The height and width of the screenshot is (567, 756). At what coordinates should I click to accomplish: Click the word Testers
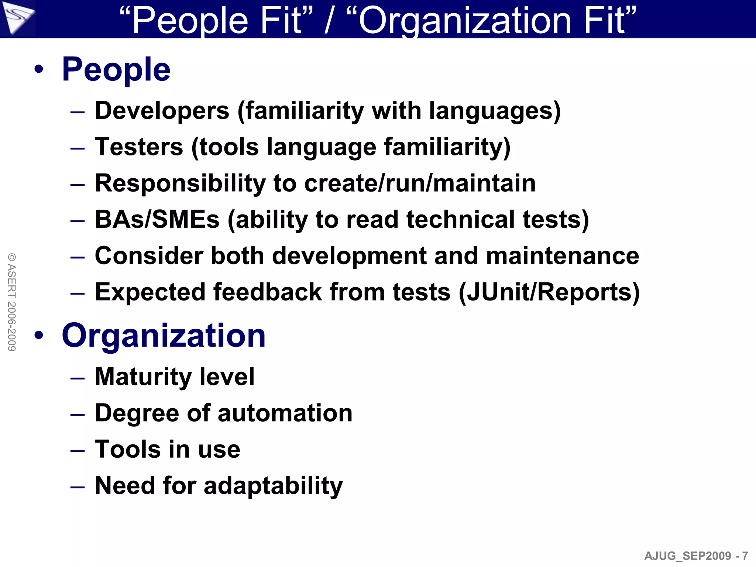[x=139, y=147]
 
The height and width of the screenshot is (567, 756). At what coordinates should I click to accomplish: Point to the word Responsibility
[x=180, y=183]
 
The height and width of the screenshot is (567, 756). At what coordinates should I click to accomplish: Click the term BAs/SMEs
[x=157, y=219]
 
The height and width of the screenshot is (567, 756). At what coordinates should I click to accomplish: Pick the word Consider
[x=149, y=255]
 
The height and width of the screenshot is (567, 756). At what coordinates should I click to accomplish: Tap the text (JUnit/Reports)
[x=549, y=292]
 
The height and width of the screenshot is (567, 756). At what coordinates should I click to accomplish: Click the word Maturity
[x=142, y=377]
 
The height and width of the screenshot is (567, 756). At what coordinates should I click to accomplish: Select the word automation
[x=285, y=413]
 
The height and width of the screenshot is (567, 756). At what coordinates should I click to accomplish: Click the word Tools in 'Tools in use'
[x=127, y=449]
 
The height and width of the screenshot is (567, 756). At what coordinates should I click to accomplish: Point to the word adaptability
[x=273, y=485]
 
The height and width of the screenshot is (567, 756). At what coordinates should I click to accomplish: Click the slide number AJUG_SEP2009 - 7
[x=696, y=556]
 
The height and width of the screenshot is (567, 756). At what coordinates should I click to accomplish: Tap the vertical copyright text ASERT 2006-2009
[x=12, y=302]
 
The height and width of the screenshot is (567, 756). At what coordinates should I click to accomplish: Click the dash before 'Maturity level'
[x=78, y=378]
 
